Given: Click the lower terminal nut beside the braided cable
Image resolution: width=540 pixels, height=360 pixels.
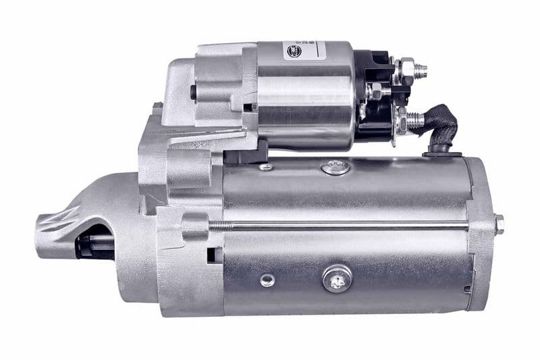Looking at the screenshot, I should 405,120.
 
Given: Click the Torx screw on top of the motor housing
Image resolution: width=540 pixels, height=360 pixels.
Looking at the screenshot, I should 335,166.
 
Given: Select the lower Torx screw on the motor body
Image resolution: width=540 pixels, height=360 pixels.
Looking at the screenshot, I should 337,277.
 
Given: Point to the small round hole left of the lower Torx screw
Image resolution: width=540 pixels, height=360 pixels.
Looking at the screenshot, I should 268,279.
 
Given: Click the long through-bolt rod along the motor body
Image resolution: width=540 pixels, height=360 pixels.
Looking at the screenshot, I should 351,225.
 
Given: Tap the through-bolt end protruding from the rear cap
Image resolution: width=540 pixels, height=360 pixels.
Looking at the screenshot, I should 499,224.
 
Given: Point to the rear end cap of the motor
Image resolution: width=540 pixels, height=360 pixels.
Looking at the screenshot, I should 481,230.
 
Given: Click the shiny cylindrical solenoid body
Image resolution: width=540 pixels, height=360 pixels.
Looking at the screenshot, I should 307,95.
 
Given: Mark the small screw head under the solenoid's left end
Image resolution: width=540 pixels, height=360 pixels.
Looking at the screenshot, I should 267,166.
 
